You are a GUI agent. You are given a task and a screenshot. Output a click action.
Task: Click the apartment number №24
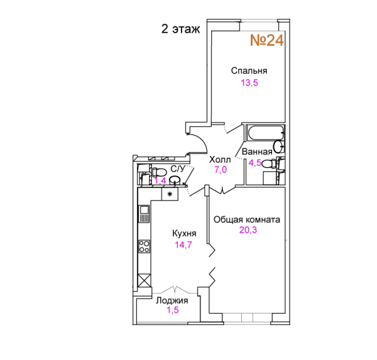[267, 40]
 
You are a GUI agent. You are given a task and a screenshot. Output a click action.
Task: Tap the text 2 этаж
[180, 29]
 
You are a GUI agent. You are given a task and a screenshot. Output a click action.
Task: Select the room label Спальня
[249, 71]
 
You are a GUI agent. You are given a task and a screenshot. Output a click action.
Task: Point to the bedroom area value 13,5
[249, 83]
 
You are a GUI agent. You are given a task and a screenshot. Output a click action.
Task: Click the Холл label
[220, 160]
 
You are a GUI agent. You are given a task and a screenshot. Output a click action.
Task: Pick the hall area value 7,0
[221, 170]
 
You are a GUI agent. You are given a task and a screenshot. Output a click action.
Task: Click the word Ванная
[257, 152]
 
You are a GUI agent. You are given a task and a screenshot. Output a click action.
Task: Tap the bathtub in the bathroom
[265, 133]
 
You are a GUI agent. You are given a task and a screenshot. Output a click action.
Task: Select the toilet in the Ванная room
[270, 164]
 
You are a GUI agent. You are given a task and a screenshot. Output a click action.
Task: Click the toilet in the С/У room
[159, 172]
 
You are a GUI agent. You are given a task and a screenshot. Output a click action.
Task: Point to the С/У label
[178, 169]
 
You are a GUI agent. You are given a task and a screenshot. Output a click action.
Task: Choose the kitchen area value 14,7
[183, 245]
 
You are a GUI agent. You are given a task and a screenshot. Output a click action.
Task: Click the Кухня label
[184, 233]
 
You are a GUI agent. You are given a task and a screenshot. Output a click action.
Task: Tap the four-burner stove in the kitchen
[145, 246]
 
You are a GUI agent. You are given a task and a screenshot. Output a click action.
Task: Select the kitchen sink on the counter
[145, 214]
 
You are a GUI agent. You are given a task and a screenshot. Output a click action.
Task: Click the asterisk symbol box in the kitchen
[170, 194]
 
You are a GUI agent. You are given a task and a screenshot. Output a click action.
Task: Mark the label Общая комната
[247, 219]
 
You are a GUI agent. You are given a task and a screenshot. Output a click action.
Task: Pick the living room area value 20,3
[248, 230]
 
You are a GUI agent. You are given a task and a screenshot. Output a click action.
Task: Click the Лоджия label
[172, 300]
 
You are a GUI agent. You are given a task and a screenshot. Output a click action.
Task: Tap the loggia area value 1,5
[173, 310]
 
